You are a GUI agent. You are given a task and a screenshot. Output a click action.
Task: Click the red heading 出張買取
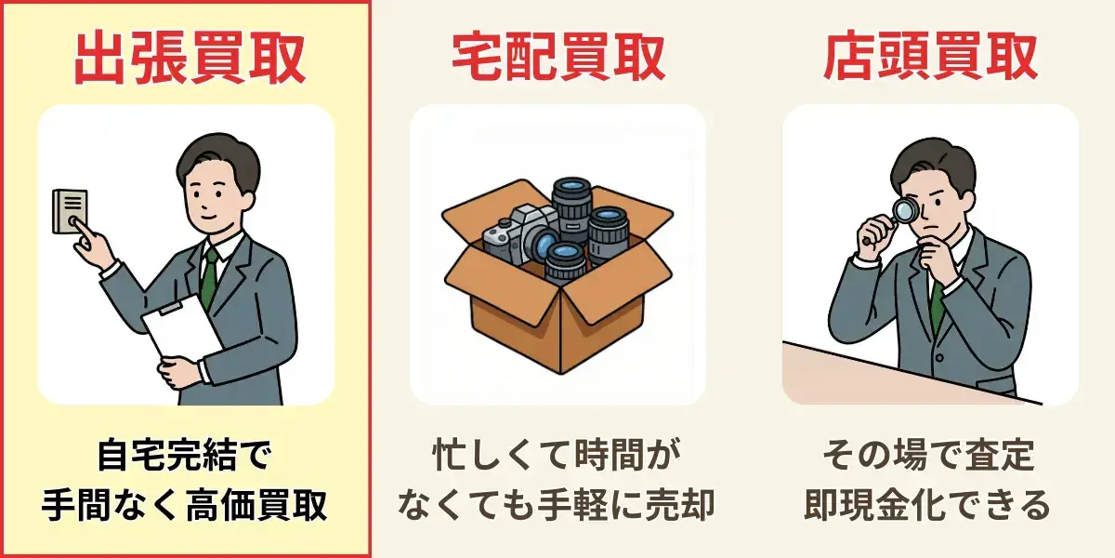coord(190,58)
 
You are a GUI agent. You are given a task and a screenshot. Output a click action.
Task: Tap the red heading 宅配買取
coord(558,57)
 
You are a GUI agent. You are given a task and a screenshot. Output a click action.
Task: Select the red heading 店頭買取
coord(930,57)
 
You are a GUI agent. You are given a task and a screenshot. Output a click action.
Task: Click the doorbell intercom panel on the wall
coord(71,211)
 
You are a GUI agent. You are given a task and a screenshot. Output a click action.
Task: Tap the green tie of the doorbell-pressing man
coord(210,277)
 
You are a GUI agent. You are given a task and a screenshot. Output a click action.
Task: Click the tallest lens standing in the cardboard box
coord(571,208)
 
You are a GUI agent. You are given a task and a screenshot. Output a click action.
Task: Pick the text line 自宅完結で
coord(185,455)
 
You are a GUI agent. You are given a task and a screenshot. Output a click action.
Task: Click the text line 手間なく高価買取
coord(185,505)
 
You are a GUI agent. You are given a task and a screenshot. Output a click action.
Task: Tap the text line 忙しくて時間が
coord(557,455)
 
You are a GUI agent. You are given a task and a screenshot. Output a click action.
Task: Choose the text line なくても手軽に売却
coord(557,505)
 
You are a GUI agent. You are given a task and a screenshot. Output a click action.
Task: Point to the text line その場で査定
coord(929,455)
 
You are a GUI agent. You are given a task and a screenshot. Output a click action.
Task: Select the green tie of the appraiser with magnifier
coord(938,305)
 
